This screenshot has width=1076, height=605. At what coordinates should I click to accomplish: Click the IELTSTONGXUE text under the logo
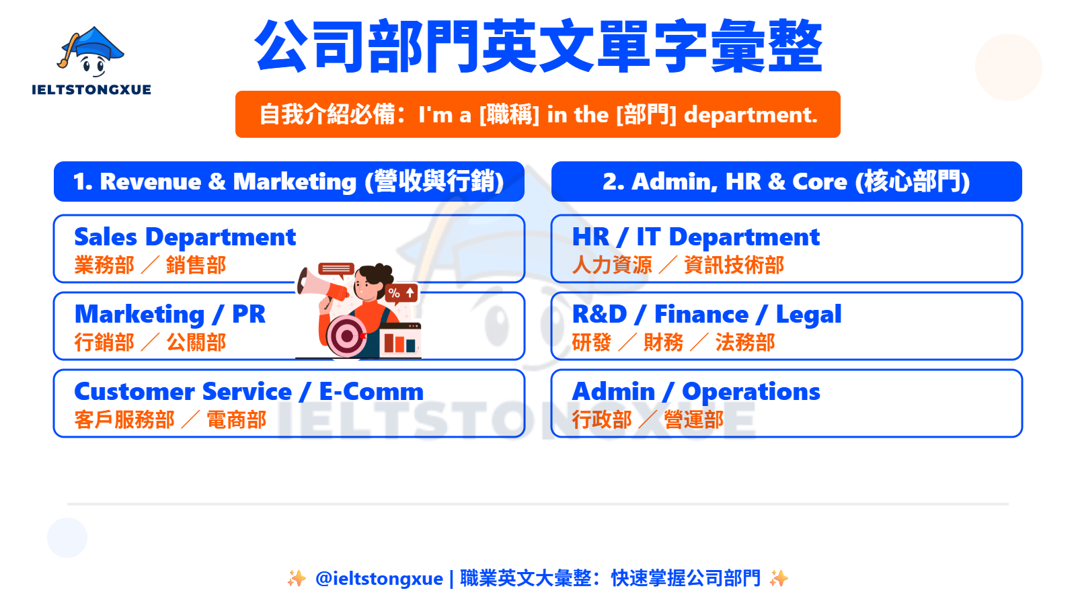91,90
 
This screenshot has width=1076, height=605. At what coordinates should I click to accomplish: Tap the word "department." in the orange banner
751,115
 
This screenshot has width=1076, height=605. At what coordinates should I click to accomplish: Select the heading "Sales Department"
185,237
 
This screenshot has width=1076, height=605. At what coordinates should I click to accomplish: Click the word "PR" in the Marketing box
249,315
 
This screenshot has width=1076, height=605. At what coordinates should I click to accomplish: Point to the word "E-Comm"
371,392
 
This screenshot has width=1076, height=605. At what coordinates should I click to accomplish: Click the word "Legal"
808,315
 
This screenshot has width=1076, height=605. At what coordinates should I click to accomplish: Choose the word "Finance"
701,315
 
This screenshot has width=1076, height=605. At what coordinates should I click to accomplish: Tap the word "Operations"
751,393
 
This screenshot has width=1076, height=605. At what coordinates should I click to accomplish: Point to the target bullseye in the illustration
346,335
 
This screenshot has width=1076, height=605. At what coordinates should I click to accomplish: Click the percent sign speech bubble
401,292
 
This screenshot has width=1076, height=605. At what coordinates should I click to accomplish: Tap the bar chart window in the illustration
399,340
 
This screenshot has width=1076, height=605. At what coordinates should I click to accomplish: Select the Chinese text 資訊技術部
734,265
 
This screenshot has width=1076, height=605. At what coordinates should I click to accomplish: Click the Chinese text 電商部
236,420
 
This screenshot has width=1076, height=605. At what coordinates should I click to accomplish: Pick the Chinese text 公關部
196,343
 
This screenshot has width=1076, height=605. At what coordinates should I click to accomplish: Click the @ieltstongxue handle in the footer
379,579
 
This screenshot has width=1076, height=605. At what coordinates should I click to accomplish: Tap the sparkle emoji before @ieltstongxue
297,579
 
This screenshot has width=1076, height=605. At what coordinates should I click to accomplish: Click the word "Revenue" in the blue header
151,182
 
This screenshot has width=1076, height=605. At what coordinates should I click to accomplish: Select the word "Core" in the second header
820,182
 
